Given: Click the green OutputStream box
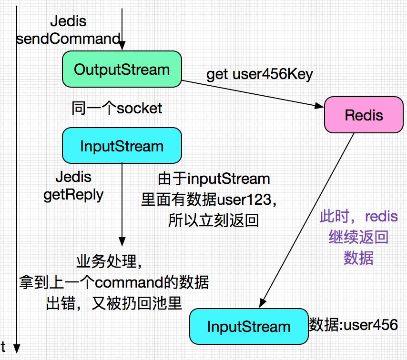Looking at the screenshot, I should click(122, 70).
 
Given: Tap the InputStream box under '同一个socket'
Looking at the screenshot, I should click(122, 145).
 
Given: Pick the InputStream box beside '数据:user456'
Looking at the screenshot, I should click(248, 326).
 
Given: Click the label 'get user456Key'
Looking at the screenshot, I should click(260, 75).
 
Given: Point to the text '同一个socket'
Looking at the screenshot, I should click(117, 109).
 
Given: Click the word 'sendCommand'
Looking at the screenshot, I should click(68, 39).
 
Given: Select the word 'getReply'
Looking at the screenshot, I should click(73, 195).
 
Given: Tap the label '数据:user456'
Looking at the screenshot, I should click(353, 325).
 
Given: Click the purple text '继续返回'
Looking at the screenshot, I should click(358, 238).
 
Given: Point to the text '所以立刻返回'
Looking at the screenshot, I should click(213, 220).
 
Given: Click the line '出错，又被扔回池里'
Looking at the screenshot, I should click(114, 303).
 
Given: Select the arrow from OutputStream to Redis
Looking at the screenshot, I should click(253, 92).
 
